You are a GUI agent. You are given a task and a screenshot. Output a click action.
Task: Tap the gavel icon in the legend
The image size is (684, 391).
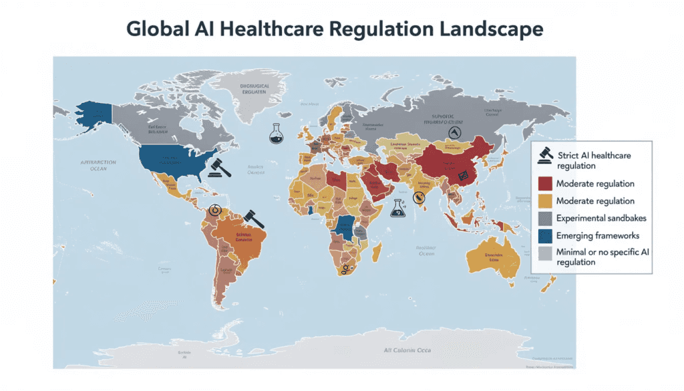coord(545,159)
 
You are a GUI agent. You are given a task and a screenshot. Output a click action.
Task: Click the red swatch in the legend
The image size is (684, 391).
coord(545,183)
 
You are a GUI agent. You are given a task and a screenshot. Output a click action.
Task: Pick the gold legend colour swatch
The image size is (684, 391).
coord(545,201)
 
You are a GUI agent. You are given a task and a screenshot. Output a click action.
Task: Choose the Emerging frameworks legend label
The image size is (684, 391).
coord(598,235)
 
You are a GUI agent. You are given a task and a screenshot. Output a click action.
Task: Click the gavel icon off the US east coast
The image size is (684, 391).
coord(219,168)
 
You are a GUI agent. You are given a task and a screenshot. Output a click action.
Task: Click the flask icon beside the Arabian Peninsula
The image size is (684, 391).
coord(399,209)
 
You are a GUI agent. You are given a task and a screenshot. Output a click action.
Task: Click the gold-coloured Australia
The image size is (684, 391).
coord(498,258)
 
